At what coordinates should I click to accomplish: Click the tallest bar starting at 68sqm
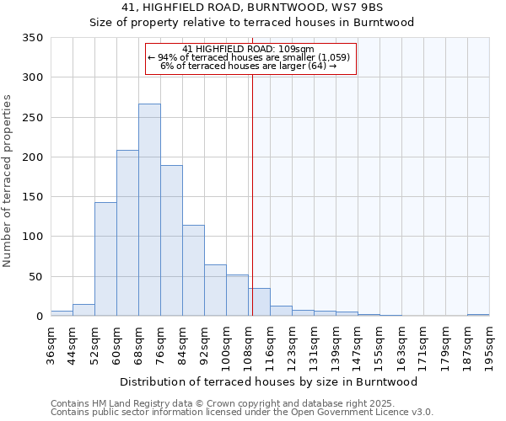click(x=149, y=210)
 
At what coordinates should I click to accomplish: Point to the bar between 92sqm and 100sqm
click(x=215, y=290)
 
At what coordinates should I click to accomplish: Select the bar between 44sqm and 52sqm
click(x=83, y=310)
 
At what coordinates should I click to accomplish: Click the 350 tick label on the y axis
click(x=32, y=38)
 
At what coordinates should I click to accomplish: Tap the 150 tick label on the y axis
click(x=32, y=197)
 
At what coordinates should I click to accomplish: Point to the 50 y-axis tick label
click(x=35, y=276)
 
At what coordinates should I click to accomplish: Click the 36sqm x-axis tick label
click(x=51, y=343)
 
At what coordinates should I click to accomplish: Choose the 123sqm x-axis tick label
click(x=292, y=345)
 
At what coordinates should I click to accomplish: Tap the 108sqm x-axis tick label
click(x=248, y=345)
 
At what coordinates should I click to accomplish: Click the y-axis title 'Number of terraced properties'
click(x=8, y=181)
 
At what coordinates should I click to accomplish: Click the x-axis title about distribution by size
click(x=250, y=381)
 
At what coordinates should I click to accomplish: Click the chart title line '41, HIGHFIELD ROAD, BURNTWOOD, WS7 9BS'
click(x=252, y=8)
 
